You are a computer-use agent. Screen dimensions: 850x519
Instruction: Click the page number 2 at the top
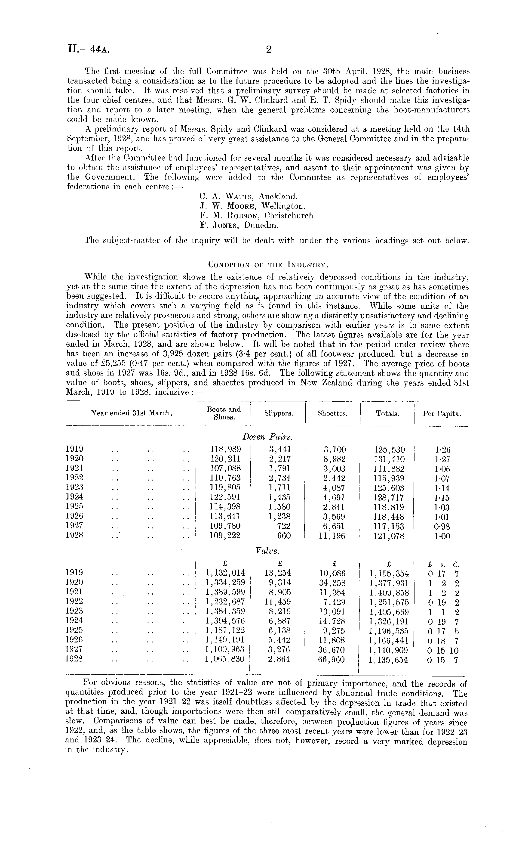tap(269, 50)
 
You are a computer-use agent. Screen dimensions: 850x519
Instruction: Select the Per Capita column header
tap(442, 414)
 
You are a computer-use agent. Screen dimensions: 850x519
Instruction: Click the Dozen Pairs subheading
tap(267, 437)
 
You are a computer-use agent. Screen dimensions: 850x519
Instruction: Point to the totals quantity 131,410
tap(389, 459)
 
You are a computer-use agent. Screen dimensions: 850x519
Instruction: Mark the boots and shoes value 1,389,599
tap(225, 592)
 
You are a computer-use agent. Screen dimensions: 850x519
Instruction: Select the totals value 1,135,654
tap(389, 660)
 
